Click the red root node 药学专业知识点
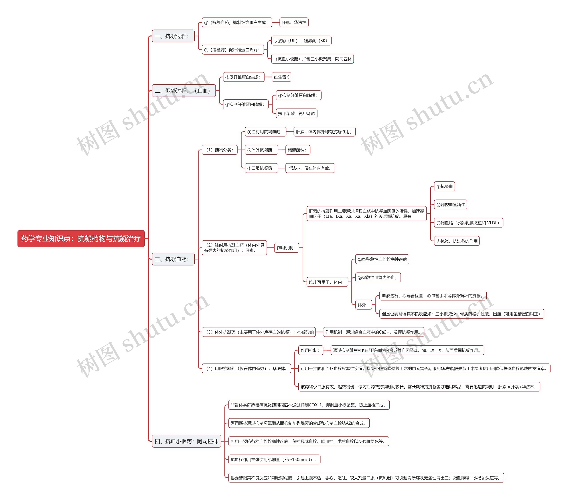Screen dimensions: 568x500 click(x=81, y=239)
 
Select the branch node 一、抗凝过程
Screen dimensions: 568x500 click(x=173, y=36)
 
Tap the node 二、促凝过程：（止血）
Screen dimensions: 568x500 click(x=183, y=91)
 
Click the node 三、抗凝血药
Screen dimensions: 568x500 click(x=173, y=259)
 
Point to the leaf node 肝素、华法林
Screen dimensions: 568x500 click(x=294, y=22)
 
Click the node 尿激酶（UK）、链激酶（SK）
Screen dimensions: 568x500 click(x=301, y=41)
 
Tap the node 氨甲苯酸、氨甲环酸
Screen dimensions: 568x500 click(x=296, y=113)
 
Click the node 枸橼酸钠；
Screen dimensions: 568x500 click(x=297, y=150)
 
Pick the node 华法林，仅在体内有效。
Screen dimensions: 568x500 click(x=310, y=168)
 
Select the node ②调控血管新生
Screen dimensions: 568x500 click(x=450, y=205)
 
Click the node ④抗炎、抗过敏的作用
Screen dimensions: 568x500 click(x=457, y=241)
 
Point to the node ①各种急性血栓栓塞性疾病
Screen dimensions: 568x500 click(x=382, y=259)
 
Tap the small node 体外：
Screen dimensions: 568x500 click(x=363, y=305)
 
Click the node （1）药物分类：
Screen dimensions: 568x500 click(x=219, y=150)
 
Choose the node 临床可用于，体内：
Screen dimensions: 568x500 click(x=327, y=282)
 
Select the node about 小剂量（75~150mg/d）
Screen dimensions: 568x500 click(x=274, y=459)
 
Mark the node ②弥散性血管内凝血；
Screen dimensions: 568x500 click(x=378, y=277)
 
